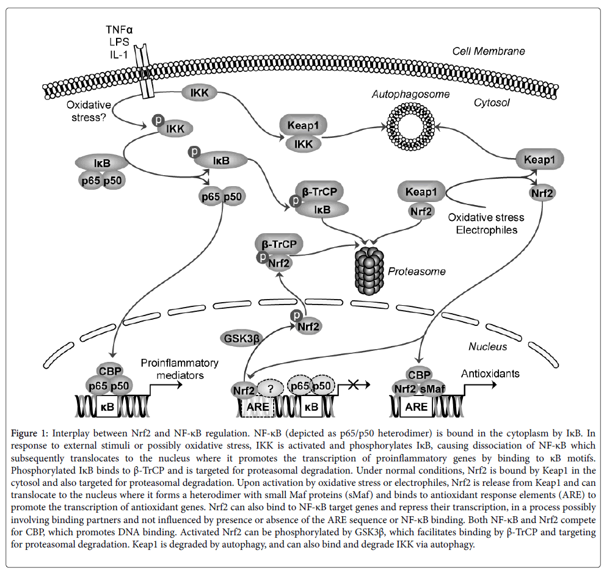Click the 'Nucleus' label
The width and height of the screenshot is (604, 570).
point(487,347)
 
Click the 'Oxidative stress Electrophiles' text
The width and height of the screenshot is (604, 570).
point(486,223)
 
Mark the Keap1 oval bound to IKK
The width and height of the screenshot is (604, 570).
point(303,126)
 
